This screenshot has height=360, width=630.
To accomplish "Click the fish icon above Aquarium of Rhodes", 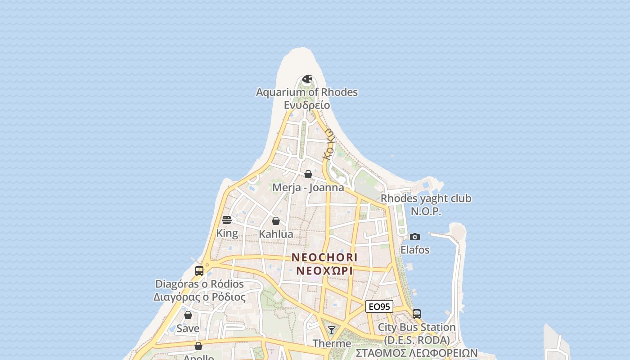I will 307,79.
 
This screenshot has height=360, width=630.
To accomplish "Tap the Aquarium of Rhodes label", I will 307,92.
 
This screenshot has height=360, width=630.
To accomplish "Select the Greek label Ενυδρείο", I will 307,105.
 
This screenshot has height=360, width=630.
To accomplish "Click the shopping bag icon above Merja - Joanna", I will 308,174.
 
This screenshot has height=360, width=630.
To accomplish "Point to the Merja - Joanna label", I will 308,187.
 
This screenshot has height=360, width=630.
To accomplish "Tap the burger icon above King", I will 227,220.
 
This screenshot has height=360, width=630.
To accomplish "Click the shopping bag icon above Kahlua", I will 276,221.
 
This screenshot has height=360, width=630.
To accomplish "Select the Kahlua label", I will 276,234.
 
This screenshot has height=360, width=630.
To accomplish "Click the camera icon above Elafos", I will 415,237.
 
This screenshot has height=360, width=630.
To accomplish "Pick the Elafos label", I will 415,250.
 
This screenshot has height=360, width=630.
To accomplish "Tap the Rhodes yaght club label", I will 426,198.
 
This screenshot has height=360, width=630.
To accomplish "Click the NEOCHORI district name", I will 324,257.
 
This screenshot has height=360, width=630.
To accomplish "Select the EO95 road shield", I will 379,307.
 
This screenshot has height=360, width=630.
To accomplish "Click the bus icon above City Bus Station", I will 417,314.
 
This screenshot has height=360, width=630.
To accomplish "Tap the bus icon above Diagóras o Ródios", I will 199,271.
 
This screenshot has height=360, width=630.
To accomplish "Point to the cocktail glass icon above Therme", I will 332,330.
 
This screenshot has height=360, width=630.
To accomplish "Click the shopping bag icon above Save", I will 188,315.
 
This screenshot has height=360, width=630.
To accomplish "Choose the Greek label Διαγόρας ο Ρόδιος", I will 199,297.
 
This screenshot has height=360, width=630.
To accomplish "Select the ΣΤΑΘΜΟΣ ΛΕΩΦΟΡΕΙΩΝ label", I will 417,352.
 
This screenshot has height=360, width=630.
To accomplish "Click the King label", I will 227,233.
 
